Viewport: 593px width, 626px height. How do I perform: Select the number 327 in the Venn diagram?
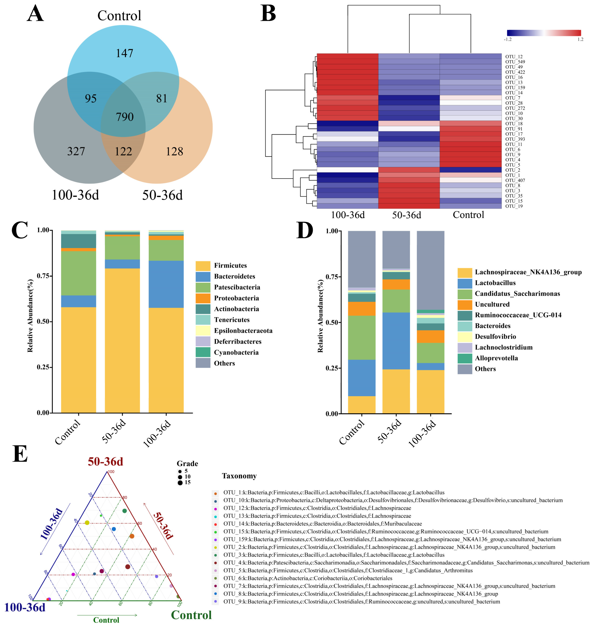click(76, 151)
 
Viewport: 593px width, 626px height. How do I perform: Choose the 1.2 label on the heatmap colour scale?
click(580, 40)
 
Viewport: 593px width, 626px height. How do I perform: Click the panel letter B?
click(268, 14)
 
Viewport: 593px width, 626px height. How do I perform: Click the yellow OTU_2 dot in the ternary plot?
click(87, 523)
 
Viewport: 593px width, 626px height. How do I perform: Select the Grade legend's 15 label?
click(187, 482)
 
